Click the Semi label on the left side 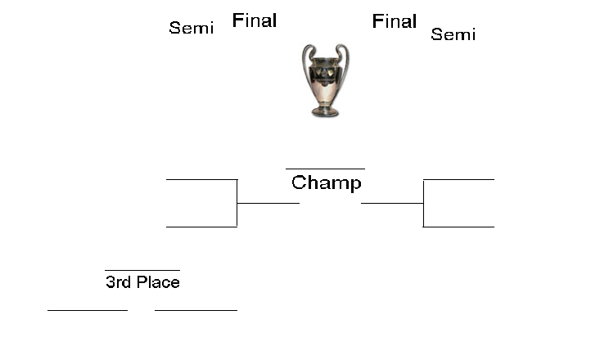point(191,28)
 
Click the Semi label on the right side point(453,34)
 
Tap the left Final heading point(255,20)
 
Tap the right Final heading point(395,21)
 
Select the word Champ point(326,182)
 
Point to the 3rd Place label point(142,282)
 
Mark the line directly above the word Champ point(325,169)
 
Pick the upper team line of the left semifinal point(201,178)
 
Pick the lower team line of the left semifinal point(201,227)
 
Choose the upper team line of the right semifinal point(458,178)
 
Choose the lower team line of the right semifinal point(458,227)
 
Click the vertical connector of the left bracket point(237,202)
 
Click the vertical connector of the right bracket point(423,202)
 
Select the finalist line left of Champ point(268,203)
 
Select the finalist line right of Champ point(392,203)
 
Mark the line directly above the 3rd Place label point(142,269)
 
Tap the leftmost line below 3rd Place point(88,310)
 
